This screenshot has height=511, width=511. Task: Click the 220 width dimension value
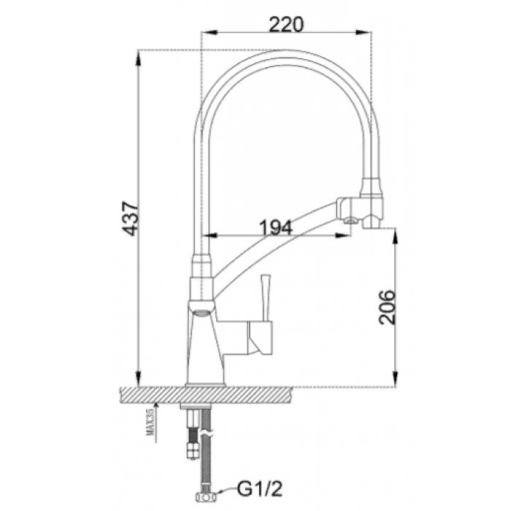coord(285,24)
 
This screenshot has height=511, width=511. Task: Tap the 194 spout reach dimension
coord(275,227)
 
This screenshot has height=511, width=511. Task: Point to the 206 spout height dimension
coord(388,307)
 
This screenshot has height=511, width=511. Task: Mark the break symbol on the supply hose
coord(210,435)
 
